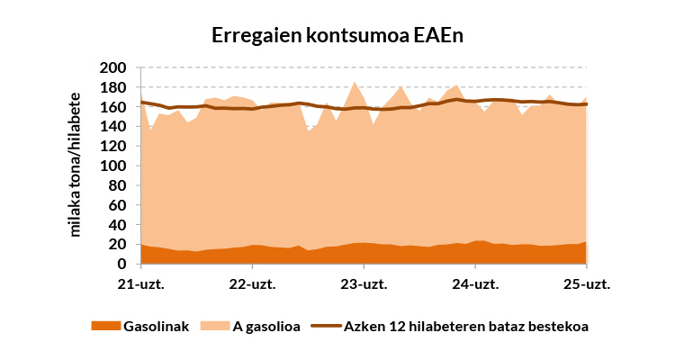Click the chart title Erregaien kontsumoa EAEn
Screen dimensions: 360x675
click(x=337, y=35)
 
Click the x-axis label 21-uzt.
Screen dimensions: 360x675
click(x=141, y=284)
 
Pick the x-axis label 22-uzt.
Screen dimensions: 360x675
click(x=253, y=284)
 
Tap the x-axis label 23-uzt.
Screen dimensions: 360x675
click(x=364, y=284)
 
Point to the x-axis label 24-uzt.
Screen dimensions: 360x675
click(x=475, y=284)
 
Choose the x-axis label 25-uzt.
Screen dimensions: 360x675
click(x=587, y=284)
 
